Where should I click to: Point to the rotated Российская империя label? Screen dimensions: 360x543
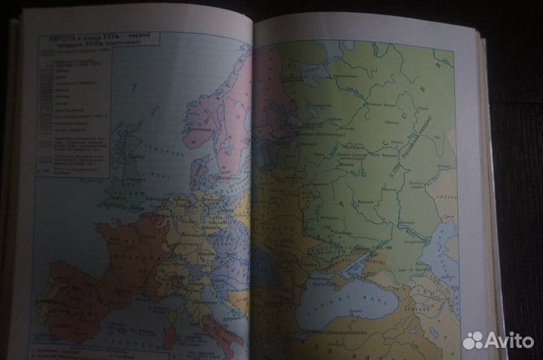tap(431, 147)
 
